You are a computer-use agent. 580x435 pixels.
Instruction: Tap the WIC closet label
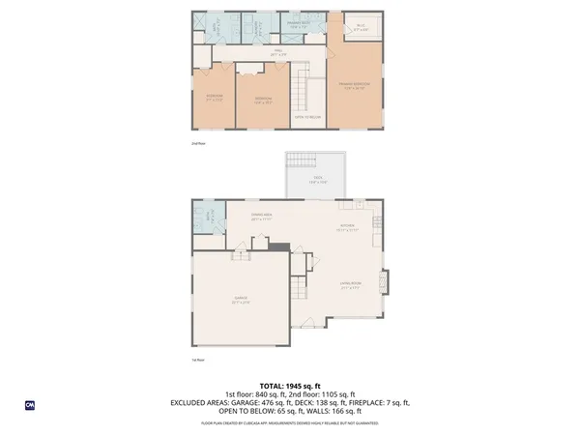360,28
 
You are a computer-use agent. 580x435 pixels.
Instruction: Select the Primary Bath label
299,25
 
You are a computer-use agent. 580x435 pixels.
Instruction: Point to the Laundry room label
218,29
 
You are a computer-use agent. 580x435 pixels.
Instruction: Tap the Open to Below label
307,117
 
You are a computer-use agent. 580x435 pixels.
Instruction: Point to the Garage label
240,301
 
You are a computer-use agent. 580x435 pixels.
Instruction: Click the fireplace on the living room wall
387,281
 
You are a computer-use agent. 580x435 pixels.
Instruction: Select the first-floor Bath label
204,218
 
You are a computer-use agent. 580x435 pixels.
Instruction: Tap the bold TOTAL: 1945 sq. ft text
289,385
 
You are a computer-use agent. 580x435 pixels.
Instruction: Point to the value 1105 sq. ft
338,393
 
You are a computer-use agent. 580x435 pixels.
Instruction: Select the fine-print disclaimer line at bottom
289,422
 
